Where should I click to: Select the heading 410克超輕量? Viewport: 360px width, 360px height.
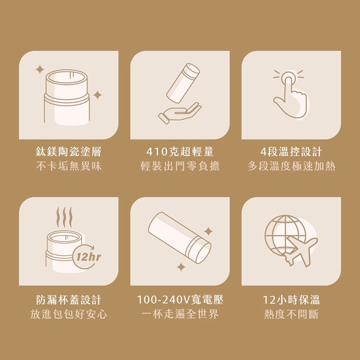tap(180, 153)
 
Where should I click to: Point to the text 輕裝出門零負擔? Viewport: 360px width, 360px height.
tap(180, 167)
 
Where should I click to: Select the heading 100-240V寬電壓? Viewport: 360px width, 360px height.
tap(180, 300)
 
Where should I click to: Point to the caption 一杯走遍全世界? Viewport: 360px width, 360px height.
tap(180, 314)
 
